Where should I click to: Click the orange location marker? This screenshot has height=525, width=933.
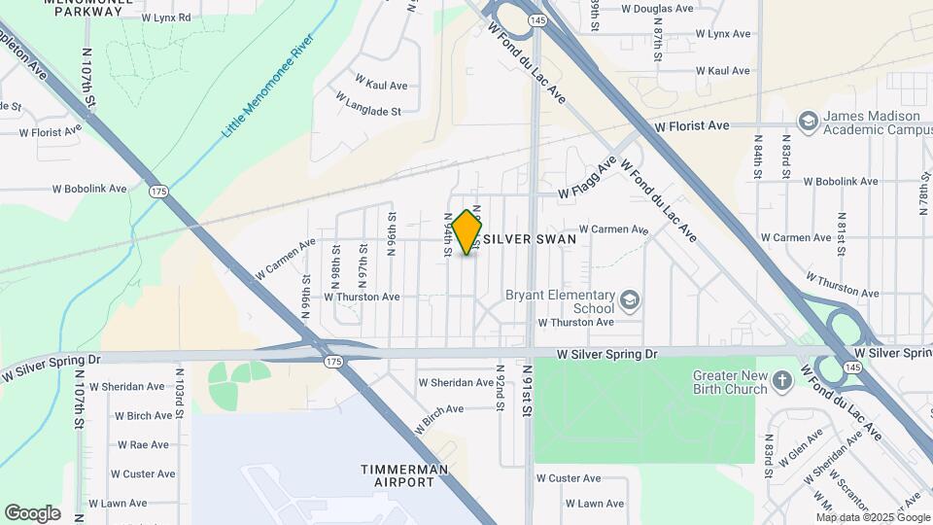[467, 232]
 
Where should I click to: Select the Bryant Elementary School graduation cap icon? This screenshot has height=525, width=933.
[630, 299]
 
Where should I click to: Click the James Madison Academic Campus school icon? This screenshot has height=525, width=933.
[807, 121]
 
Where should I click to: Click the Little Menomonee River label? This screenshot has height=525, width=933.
[267, 86]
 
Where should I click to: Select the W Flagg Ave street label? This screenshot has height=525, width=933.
[588, 179]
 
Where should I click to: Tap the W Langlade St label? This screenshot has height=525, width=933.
[368, 105]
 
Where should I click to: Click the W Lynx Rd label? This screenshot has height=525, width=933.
[166, 17]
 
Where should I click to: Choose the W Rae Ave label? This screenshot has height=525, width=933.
[143, 445]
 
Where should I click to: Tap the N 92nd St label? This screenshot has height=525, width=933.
[500, 386]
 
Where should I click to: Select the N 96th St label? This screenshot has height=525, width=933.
[392, 233]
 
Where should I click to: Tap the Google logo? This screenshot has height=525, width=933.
[32, 513]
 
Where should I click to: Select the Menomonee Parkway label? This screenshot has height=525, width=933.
[83, 8]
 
